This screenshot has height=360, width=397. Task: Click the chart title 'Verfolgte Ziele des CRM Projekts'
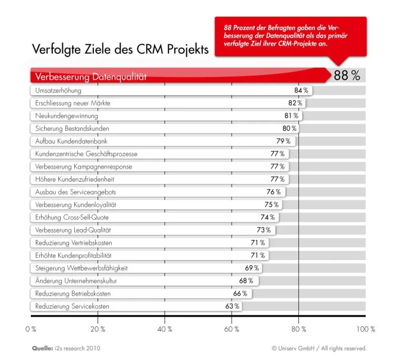pos(120,50)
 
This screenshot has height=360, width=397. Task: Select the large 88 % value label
pos(347,75)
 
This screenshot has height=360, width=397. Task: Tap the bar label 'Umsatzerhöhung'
pos(58,90)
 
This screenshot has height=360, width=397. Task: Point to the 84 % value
pos(301,90)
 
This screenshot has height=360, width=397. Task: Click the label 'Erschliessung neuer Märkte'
pos(72,103)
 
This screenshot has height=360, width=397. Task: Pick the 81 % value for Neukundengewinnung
pos(291,116)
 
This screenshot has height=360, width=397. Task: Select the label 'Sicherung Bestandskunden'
pos(72,129)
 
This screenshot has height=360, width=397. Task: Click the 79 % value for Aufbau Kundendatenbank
pos(283,141)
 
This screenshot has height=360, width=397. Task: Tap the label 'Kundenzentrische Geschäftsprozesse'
pos(86,154)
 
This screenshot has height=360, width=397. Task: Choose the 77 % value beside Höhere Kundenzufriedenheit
pos(277,179)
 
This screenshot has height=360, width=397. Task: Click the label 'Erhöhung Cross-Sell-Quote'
pos(72,218)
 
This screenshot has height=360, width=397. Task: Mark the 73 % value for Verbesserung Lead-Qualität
pos(263,230)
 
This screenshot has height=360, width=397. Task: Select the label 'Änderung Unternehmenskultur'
pos(76,281)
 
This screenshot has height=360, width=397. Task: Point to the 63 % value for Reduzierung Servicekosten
pos(232,306)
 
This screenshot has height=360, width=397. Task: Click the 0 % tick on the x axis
pos(31,330)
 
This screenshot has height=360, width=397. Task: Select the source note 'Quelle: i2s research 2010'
pos(66,348)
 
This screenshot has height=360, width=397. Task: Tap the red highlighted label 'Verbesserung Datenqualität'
pos(91,77)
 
